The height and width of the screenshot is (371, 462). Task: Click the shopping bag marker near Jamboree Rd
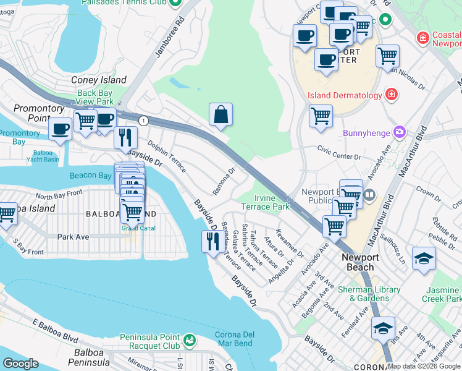coord(220,114)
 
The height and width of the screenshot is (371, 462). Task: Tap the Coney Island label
coord(98,80)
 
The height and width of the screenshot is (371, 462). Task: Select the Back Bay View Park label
coord(95,97)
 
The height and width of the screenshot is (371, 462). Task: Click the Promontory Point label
coord(39,113)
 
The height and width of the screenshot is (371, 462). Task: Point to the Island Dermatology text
coord(344,95)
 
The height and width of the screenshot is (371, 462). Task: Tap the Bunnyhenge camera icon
coord(400,132)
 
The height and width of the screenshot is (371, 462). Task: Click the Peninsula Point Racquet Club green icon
coord(189,340)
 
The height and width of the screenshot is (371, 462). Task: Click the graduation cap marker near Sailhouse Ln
coord(424,258)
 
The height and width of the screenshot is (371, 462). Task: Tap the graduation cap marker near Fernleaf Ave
coord(383,327)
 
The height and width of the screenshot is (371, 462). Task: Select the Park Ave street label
coord(73,237)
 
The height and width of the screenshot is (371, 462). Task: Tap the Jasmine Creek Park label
coord(443,294)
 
